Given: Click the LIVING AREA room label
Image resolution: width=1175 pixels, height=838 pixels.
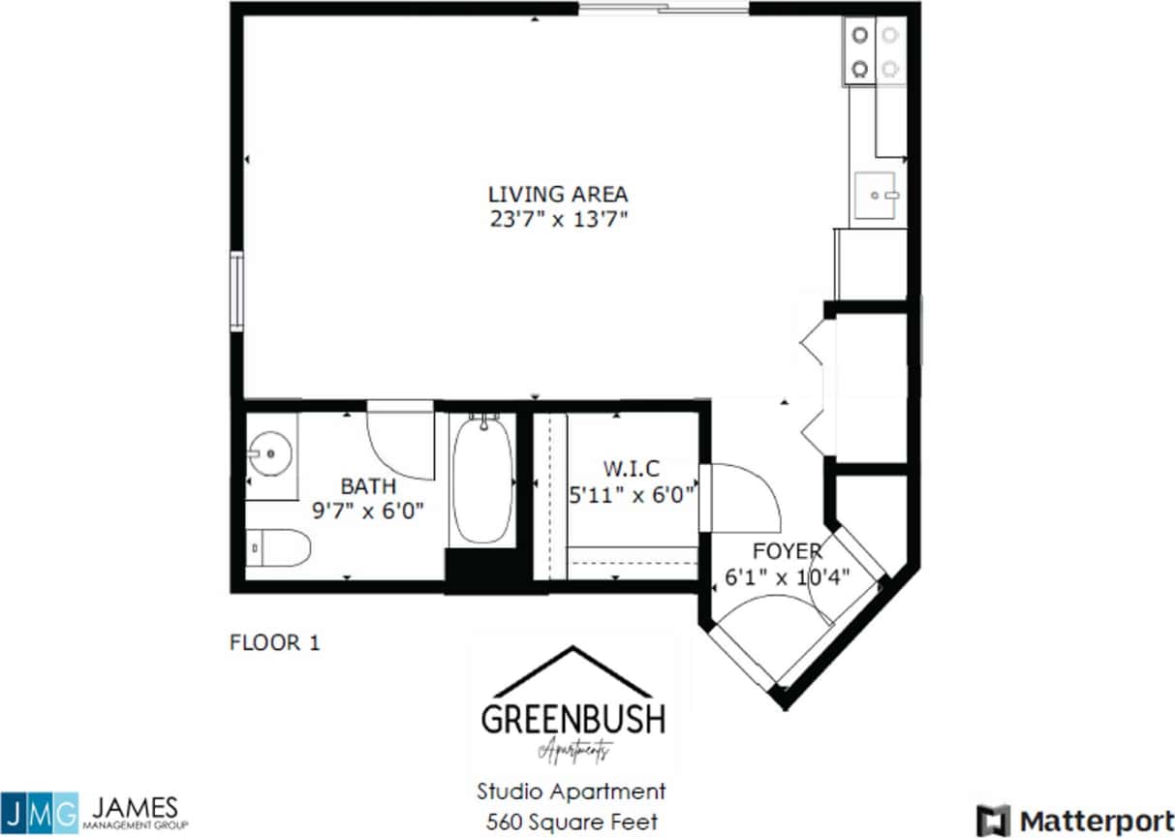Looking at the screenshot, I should [x=558, y=194].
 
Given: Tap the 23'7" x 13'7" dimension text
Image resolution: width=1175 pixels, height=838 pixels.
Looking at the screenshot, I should [x=559, y=219].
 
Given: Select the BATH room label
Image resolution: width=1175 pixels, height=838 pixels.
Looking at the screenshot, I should [x=367, y=485].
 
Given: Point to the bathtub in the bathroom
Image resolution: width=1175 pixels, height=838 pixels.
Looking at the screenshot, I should [x=482, y=480].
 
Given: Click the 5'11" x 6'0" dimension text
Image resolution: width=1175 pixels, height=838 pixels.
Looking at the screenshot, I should [x=633, y=495].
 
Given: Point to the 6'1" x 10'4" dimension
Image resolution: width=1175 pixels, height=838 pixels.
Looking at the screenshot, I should [x=788, y=577].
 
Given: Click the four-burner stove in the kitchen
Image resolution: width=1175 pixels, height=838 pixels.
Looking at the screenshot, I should [x=874, y=51].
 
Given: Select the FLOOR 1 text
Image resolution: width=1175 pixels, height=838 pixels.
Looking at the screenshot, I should [x=274, y=641].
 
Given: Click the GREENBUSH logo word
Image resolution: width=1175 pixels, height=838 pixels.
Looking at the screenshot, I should [x=573, y=719].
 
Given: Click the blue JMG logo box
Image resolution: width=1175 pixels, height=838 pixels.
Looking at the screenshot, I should [x=39, y=812].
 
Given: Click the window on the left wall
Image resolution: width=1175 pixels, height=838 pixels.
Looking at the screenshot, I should [x=235, y=291].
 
